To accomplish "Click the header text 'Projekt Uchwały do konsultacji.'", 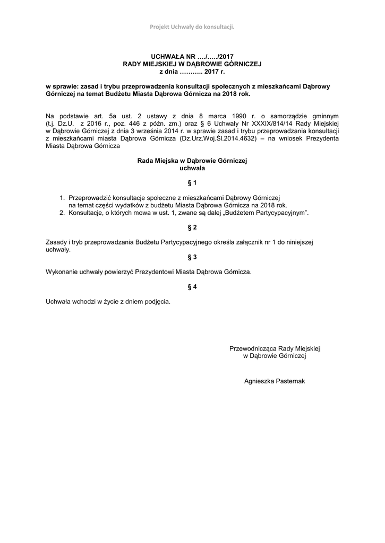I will click(192, 27).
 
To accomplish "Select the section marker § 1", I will click(192, 183).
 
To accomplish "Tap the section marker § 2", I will click(192, 227).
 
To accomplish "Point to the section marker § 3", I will click(192, 257).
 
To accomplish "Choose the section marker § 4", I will click(192, 287).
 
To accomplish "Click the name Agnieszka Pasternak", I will click(275, 381).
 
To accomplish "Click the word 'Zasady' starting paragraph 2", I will click(57, 242).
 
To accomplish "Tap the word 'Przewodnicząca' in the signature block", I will click(253, 348).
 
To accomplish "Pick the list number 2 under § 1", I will click(62, 213).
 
